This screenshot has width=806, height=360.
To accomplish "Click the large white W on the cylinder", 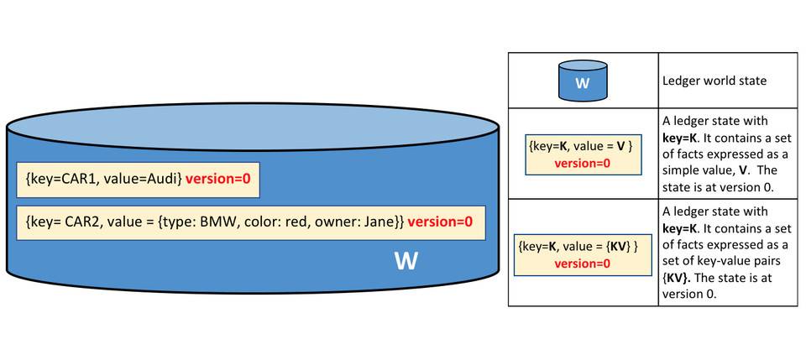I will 406,261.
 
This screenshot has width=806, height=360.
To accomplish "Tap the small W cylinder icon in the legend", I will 583,81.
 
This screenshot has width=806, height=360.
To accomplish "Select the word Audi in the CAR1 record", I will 163,179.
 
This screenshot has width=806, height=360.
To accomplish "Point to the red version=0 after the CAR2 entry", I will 440,222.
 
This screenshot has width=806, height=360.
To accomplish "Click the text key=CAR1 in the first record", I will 55,179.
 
